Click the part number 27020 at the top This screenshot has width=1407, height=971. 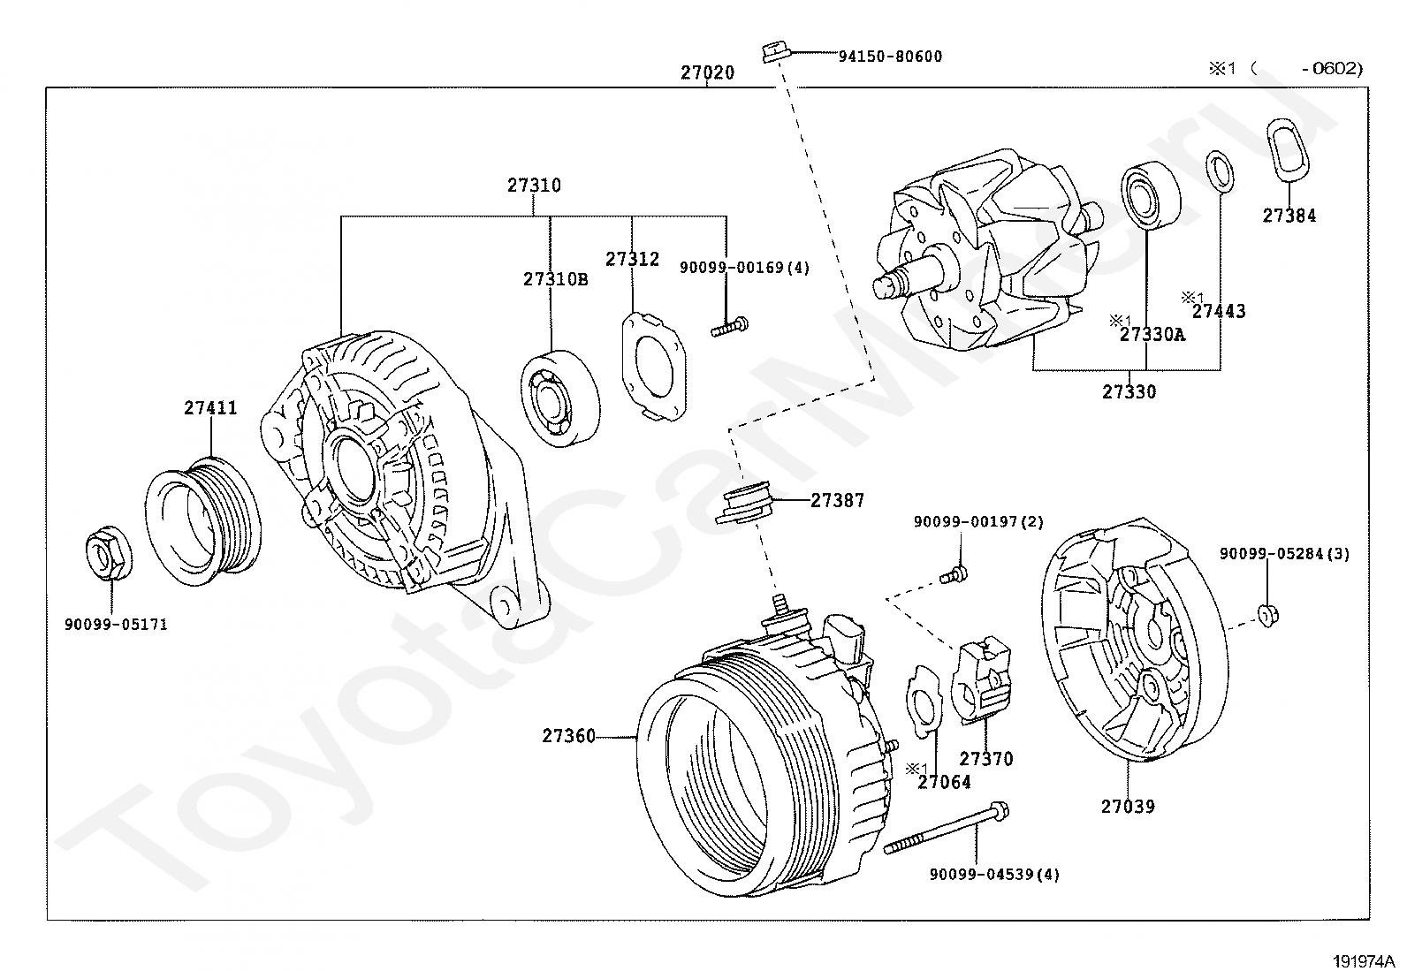pyautogui.click(x=707, y=73)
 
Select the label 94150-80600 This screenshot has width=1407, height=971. pyautogui.click(x=890, y=57)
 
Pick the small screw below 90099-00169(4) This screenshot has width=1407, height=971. pyautogui.click(x=729, y=328)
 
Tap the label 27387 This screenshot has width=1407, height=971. pyautogui.click(x=838, y=500)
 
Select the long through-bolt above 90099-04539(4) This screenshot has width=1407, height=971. pyautogui.click(x=946, y=828)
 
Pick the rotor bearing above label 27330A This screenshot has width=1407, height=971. pyautogui.click(x=1151, y=193)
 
